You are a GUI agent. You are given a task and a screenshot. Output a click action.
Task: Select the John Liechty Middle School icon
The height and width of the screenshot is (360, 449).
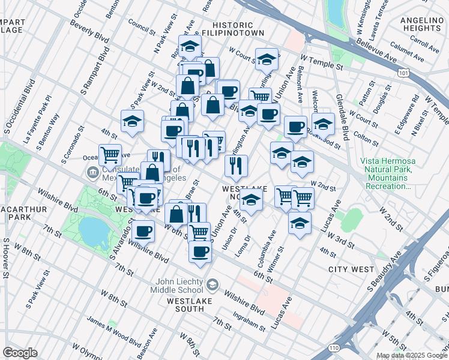(x=212, y=283)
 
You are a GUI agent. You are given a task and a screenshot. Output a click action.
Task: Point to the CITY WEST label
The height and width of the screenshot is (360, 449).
(x=351, y=269)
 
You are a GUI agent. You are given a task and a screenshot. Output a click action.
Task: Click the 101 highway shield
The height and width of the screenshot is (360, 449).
(x=404, y=71)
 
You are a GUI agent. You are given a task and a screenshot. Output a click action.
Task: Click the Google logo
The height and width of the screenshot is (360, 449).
(x=20, y=353)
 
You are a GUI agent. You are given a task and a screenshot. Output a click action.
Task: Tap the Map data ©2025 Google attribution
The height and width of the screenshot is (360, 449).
(x=411, y=355)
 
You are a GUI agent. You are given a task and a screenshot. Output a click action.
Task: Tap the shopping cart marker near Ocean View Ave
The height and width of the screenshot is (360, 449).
(x=110, y=155)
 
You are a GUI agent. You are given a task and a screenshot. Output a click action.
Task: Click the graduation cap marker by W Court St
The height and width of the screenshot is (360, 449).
(x=267, y=59)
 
